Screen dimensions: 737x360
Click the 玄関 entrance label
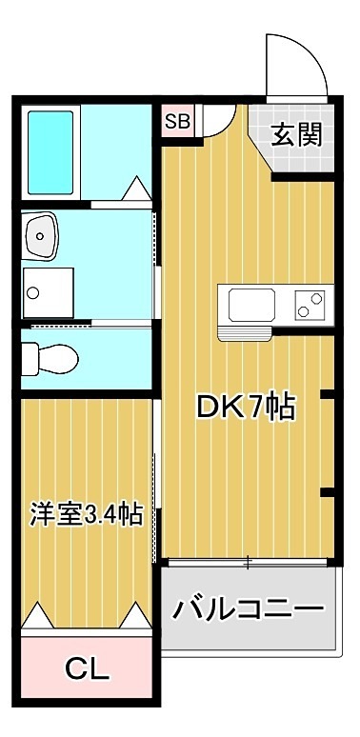point(296,133)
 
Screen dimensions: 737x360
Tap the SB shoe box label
point(176,121)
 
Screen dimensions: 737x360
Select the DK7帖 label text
point(245,408)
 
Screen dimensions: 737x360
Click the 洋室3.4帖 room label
point(87,515)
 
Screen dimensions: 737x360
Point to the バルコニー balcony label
point(248,608)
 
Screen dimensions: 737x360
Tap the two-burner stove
point(309,305)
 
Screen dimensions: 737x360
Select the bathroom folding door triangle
point(134,189)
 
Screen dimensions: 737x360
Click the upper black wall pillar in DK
point(325,393)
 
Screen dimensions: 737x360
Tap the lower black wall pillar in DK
point(325,492)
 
